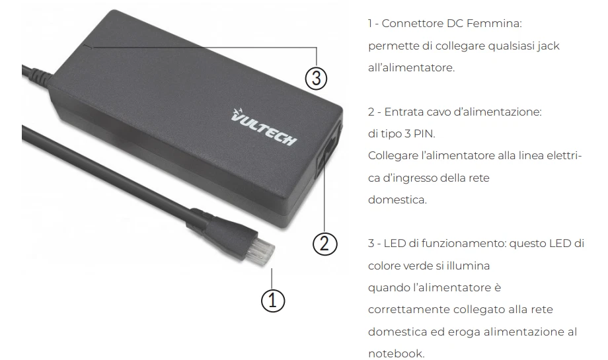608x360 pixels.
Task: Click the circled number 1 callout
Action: pyautogui.click(x=273, y=301)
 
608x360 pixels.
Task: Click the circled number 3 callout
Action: pyautogui.click(x=317, y=78)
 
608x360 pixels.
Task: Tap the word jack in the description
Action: pyautogui.click(x=548, y=46)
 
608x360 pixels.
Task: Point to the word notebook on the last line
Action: pyautogui.click(x=396, y=353)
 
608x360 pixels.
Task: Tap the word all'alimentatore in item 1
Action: pyautogui.click(x=411, y=67)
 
